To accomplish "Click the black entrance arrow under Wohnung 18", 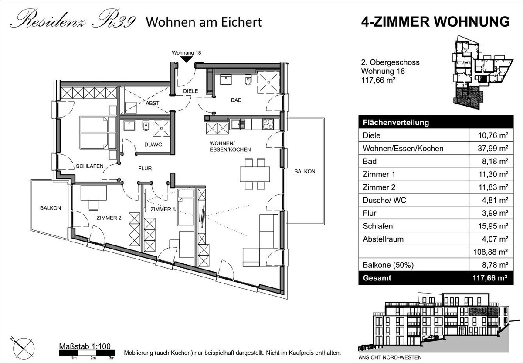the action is coord(186,59).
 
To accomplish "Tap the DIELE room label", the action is coord(190,91).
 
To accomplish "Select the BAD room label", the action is coord(236,100).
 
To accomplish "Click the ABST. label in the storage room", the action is coord(153,103).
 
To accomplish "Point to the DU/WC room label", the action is coord(153,145).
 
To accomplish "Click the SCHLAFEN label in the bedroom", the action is coord(90,166).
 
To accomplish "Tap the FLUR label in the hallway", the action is coord(145,169).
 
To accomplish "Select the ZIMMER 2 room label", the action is coord(109,218).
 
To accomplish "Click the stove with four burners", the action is coord(268,124).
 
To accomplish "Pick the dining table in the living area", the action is coord(255,174).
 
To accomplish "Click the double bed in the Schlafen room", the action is coord(98,133).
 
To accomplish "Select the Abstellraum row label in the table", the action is coord(383,239).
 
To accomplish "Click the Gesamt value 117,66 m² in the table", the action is coord(489,278).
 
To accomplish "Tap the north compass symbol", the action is coord(24,348).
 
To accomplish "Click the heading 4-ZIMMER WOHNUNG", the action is coord(435,22).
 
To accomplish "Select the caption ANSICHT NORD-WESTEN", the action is coord(390,357).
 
